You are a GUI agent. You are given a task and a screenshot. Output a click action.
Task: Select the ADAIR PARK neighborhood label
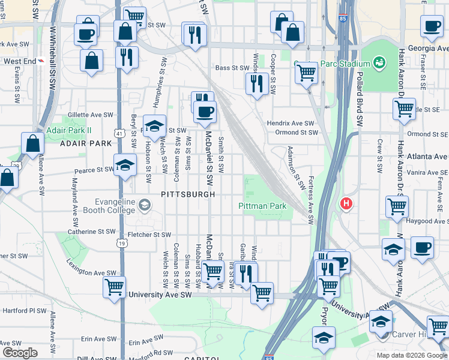86,143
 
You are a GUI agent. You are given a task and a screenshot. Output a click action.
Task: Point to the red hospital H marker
346,204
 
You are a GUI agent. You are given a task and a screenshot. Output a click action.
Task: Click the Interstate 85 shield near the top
342,19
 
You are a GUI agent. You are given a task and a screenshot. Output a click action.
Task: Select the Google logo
19,352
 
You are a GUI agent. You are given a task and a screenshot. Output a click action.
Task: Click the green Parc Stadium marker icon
379,62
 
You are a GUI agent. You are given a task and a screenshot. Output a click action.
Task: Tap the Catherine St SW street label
91,231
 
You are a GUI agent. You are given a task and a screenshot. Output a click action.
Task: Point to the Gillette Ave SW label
91,114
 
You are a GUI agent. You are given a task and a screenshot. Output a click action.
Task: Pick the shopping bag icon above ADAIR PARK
32,143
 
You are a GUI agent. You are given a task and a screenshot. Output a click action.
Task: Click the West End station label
20,61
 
